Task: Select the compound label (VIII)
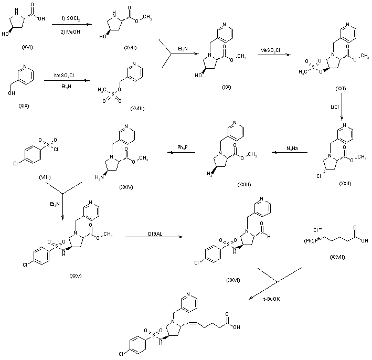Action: tap(45, 178)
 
